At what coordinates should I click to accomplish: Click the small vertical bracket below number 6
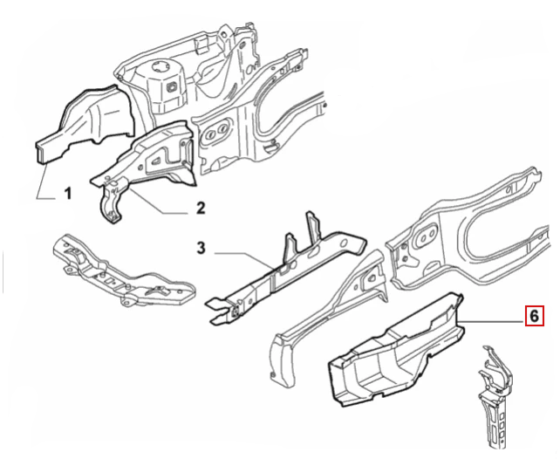pyautogui.click(x=494, y=393)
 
